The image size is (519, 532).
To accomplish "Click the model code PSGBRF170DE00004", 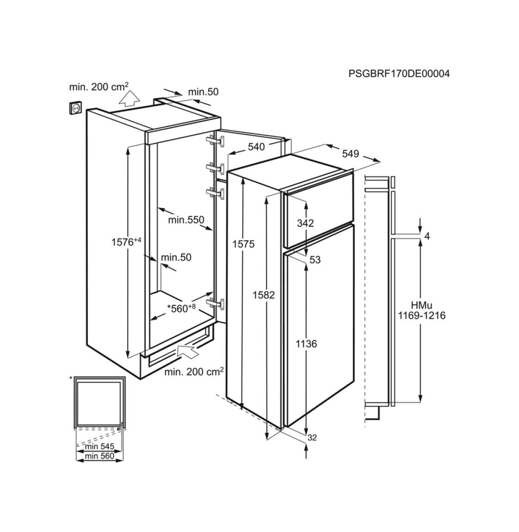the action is click(x=399, y=74).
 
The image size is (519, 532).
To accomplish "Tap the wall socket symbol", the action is click(x=76, y=107).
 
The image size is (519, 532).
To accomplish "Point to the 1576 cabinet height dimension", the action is click(x=126, y=242).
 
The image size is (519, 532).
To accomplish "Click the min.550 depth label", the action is click(x=186, y=220).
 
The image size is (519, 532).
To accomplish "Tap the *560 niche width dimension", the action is click(x=181, y=308).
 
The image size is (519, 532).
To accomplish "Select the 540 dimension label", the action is click(x=256, y=147).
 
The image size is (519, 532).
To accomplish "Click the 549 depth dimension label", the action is click(x=351, y=154).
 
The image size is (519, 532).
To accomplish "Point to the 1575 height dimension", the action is click(x=243, y=244).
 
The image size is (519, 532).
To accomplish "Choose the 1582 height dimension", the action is click(x=264, y=295).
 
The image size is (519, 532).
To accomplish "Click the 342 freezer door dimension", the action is click(x=305, y=223).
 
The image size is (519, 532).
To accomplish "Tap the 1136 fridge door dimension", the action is click(x=306, y=344).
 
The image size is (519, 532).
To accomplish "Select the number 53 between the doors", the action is click(x=315, y=260).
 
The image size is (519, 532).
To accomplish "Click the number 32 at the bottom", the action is click(x=312, y=438).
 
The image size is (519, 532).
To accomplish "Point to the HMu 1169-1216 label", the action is click(x=422, y=310).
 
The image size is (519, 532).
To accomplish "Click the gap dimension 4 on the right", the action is click(x=427, y=236).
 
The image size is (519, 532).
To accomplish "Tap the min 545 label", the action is click(x=99, y=446).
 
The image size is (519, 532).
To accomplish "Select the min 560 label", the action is click(x=99, y=456).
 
